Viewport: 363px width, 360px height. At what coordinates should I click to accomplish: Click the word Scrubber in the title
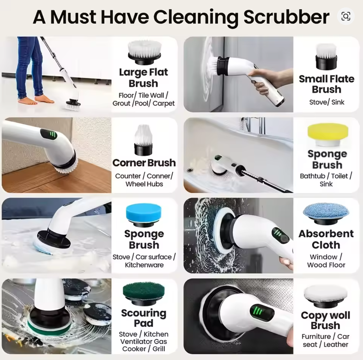point(286,17)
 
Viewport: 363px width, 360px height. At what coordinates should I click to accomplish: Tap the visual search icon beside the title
point(346,16)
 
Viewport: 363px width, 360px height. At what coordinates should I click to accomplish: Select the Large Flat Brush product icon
point(144,53)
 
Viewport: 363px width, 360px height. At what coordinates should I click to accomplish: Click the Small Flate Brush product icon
point(326,57)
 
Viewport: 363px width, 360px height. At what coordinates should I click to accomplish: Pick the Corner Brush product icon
point(144,140)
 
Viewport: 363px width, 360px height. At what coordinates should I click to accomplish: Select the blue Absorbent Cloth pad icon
point(326,213)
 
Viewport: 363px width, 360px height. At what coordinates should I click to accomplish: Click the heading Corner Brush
point(144,163)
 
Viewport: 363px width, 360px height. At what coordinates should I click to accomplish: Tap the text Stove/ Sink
point(326,102)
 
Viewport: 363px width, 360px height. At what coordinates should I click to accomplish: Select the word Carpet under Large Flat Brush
point(163,103)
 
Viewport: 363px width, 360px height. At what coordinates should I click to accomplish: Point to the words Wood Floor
point(326,265)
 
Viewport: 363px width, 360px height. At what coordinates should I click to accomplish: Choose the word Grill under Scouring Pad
point(158,349)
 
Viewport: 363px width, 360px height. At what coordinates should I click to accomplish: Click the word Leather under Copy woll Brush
point(336,344)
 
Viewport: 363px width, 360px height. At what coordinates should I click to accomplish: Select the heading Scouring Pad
point(144,318)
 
